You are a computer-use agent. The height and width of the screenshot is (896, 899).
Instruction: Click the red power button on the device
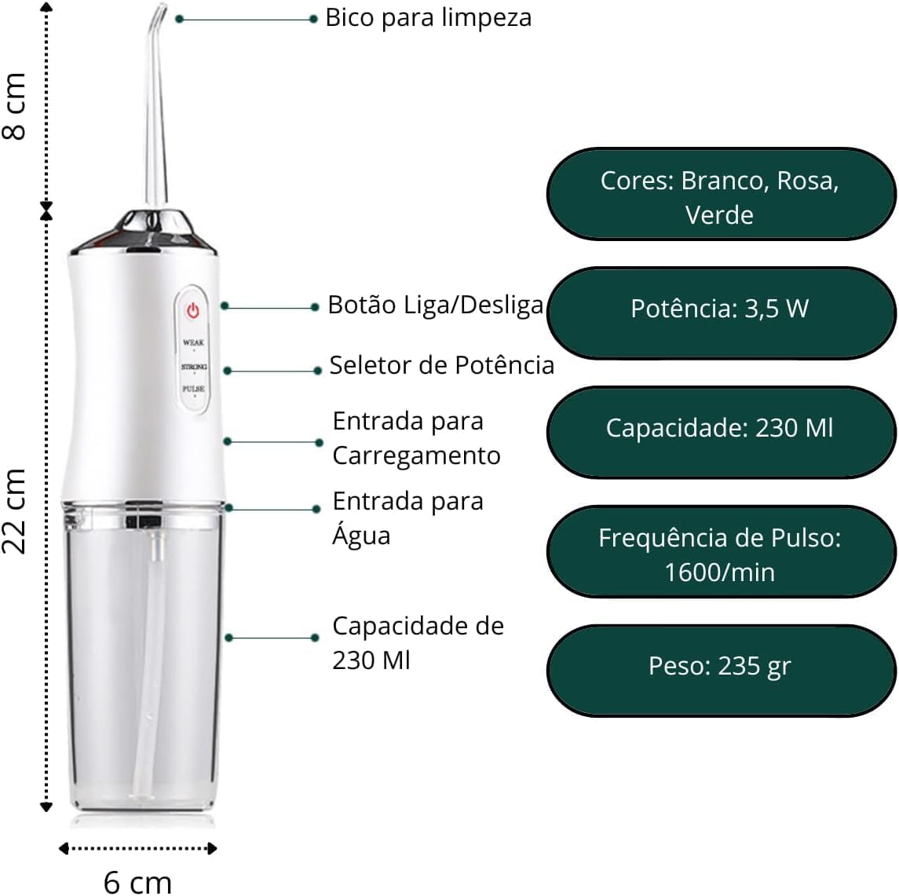[x=192, y=311]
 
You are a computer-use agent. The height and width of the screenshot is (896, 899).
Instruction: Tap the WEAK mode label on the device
[x=193, y=343]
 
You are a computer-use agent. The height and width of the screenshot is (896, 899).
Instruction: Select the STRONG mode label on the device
[x=194, y=367]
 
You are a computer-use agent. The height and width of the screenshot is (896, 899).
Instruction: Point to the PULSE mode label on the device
[x=193, y=389]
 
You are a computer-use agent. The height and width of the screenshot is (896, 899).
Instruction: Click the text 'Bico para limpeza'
[x=428, y=18]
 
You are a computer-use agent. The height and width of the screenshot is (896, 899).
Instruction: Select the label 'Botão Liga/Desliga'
[x=435, y=305]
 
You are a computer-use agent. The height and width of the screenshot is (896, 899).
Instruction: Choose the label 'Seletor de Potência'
[x=441, y=365]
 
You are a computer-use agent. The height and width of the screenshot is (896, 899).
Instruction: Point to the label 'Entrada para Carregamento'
[x=416, y=438]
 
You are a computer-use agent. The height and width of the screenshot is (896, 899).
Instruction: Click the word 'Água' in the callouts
[x=361, y=536]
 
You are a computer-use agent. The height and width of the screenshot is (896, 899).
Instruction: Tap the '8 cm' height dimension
[x=15, y=107]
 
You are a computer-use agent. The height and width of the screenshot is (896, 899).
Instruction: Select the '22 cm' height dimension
[x=15, y=511]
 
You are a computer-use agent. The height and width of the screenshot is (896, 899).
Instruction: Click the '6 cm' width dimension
[x=137, y=882]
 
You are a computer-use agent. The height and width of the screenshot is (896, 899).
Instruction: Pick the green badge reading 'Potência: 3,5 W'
[x=720, y=313]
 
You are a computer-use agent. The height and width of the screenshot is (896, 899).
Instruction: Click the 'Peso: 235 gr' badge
[x=720, y=670]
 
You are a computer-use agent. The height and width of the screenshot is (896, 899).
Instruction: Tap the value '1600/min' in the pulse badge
[x=719, y=572]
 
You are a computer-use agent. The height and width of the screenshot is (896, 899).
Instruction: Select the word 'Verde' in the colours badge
[x=719, y=215]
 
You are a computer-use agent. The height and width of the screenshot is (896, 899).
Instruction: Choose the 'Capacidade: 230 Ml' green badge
[x=720, y=432]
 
